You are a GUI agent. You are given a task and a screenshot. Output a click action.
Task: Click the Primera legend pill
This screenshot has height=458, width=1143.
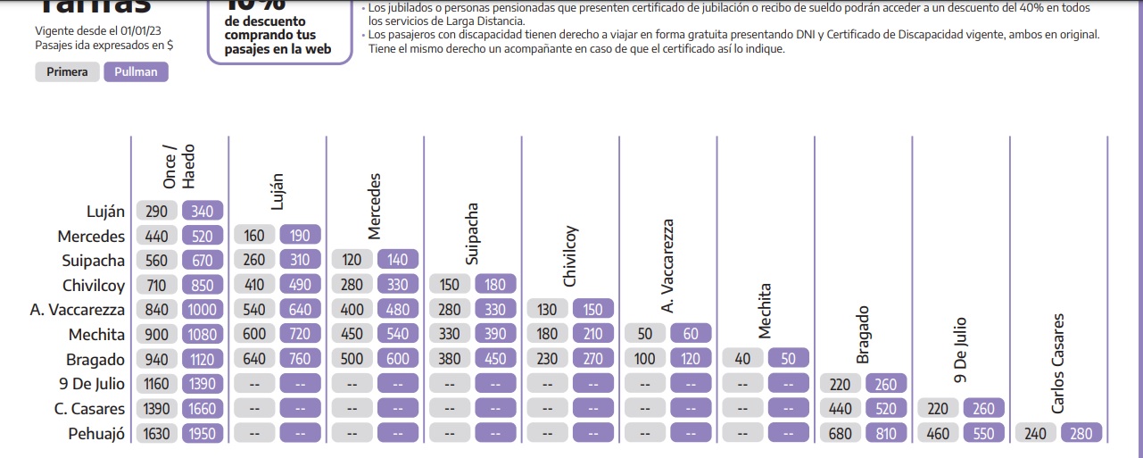tap(68, 72)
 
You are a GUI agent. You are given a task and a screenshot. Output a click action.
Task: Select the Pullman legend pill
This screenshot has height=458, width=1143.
tap(136, 72)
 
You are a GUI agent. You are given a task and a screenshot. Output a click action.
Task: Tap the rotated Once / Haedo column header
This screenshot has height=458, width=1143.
tap(178, 166)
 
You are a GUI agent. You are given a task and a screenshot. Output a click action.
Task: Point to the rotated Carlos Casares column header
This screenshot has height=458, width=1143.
tap(1057, 362)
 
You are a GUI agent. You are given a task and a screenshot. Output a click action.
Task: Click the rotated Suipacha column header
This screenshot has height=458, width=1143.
tap(472, 234)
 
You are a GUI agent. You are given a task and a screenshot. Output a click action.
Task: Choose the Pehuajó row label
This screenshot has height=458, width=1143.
tap(96, 434)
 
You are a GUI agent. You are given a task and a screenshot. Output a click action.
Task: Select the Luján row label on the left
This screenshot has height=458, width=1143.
tap(106, 212)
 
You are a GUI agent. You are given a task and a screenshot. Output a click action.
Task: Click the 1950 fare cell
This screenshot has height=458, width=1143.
tap(203, 434)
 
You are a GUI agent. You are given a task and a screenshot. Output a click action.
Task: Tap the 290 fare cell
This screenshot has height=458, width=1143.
tap(156, 212)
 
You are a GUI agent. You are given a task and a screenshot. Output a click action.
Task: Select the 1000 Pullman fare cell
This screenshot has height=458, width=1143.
tap(203, 310)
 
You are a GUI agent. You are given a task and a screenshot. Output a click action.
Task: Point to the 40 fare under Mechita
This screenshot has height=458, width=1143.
tap(742, 359)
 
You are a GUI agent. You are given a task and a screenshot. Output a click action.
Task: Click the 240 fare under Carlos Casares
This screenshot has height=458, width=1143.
tap(1034, 434)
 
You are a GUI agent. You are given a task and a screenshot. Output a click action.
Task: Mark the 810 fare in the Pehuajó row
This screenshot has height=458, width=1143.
tap(887, 434)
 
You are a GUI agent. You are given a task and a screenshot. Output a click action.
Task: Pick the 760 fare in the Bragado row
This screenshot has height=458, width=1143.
tap(300, 359)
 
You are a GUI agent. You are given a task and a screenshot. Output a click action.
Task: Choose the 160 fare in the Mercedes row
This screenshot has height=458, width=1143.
tap(254, 237)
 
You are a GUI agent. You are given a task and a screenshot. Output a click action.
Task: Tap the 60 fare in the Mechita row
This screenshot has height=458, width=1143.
tap(691, 334)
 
